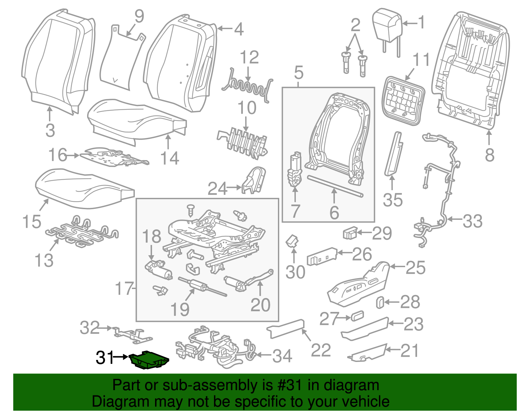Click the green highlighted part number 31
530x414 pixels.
[149, 360]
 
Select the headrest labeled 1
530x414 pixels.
[387, 25]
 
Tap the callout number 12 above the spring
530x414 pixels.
[249, 57]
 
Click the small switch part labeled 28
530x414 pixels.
[380, 302]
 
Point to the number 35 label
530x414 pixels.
[393, 200]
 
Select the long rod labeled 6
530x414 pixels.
[335, 186]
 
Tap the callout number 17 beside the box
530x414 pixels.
[124, 289]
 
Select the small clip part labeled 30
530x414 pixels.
[292, 241]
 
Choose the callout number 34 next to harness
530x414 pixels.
[282, 356]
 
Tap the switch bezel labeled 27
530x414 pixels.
[357, 316]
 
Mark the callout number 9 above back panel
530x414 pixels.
[139, 16]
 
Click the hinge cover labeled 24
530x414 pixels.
[254, 180]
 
